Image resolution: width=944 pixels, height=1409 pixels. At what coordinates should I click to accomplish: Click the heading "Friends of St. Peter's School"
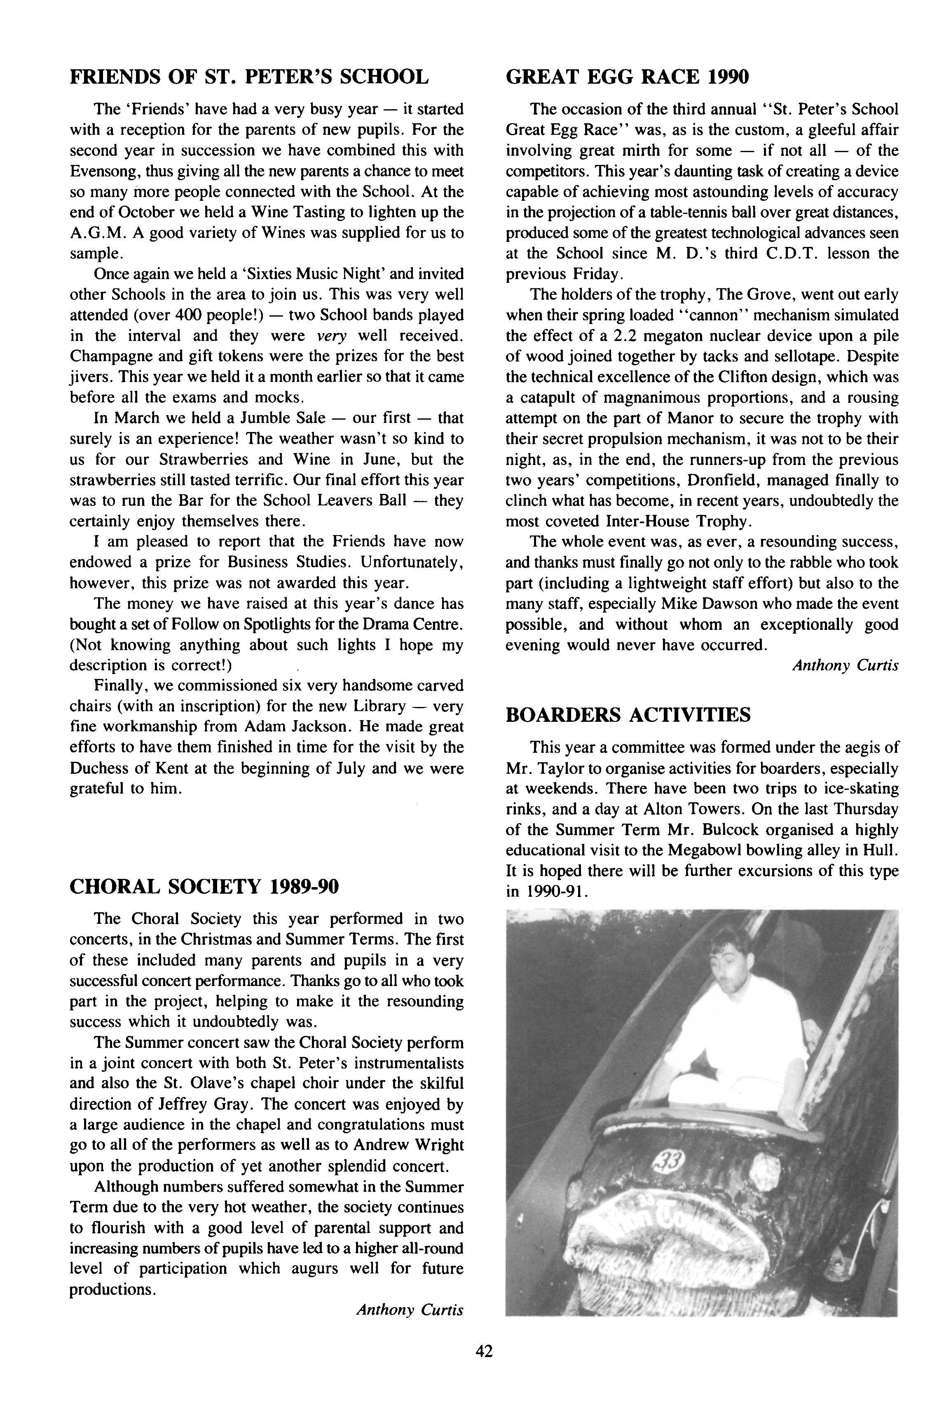tap(249, 77)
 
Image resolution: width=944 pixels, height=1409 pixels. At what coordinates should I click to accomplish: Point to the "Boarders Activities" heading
tap(628, 715)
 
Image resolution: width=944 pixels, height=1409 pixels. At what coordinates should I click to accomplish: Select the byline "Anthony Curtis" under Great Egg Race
tap(845, 665)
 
